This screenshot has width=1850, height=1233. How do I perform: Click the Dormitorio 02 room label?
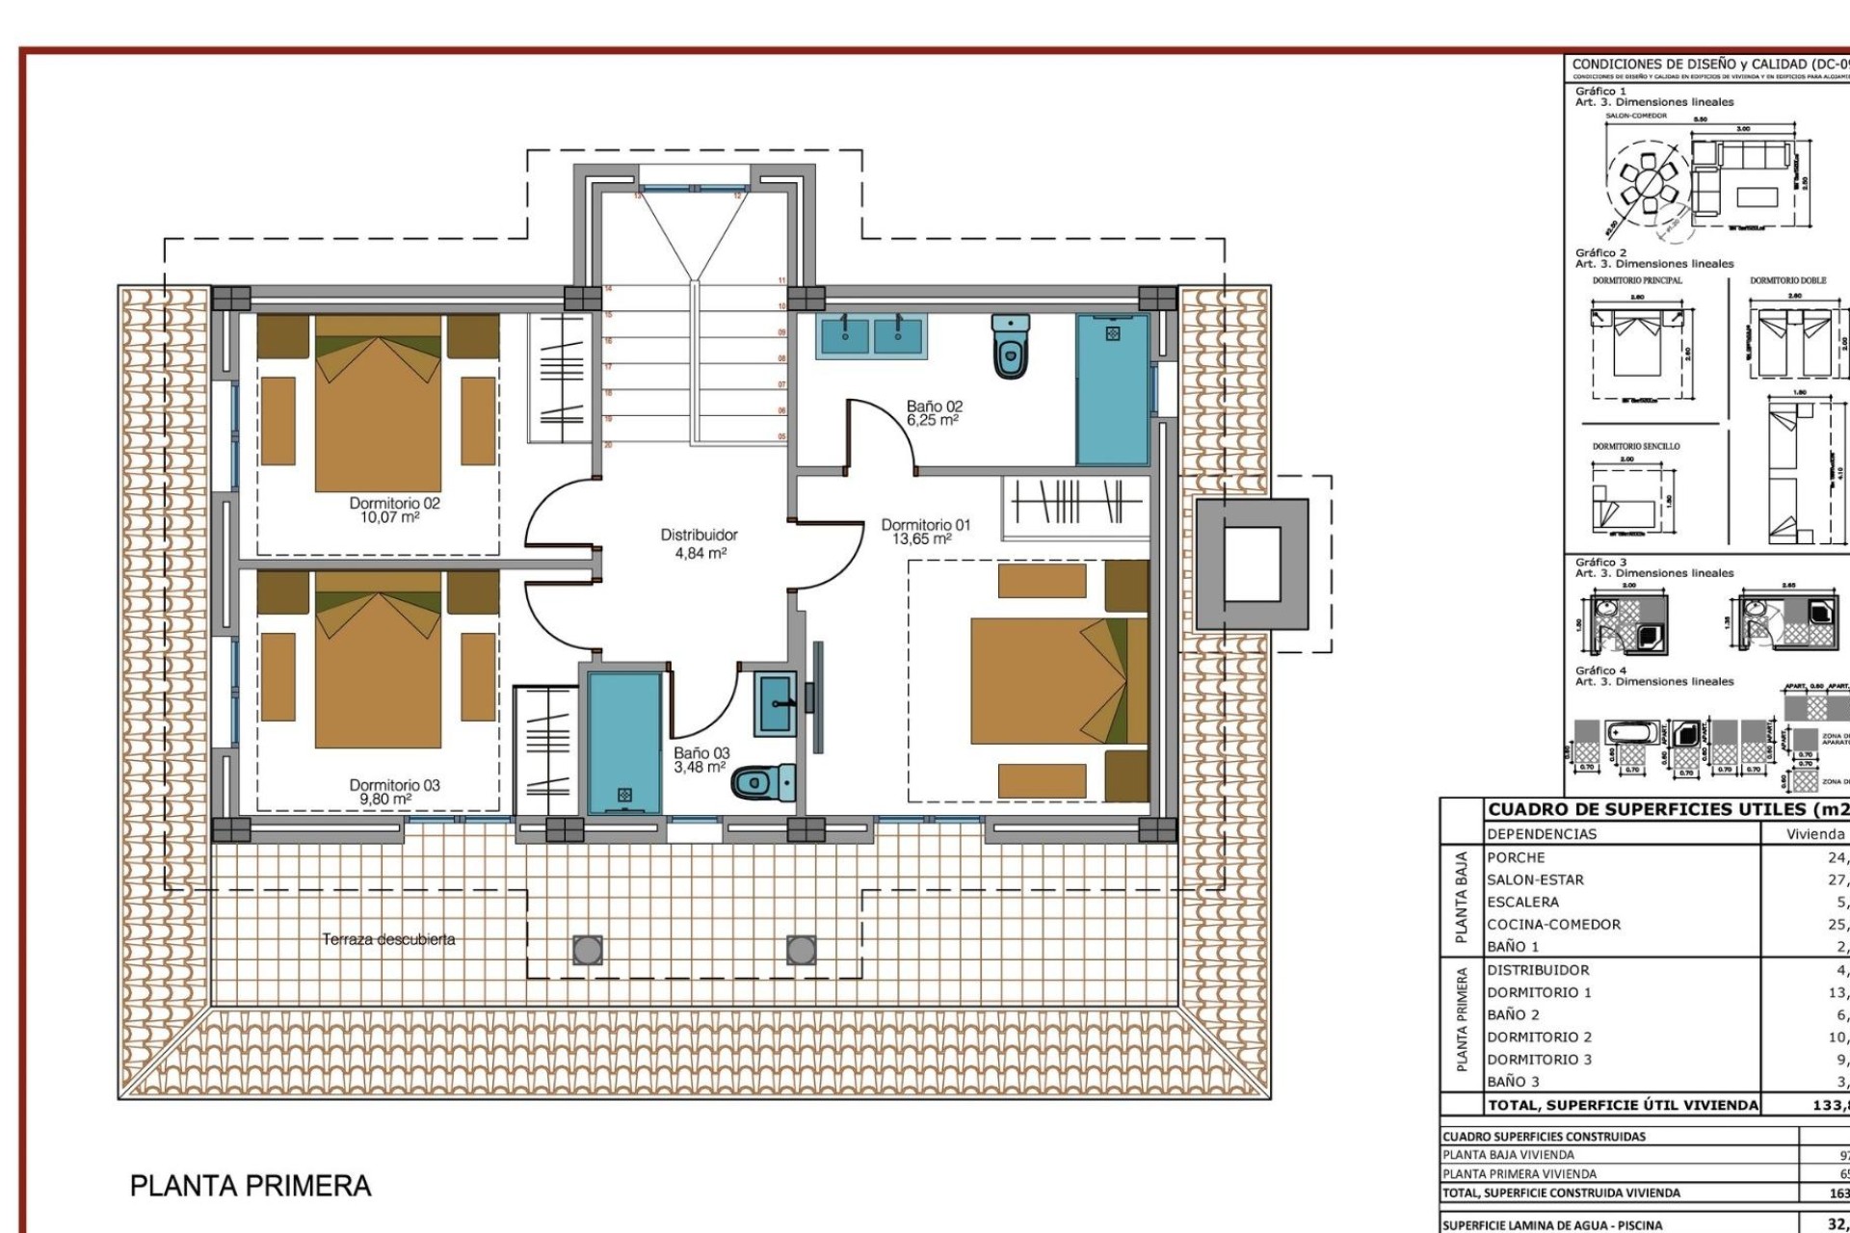[x=394, y=510]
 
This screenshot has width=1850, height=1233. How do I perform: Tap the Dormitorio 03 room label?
[x=394, y=792]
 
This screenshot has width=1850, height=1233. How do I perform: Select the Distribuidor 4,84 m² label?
[x=699, y=543]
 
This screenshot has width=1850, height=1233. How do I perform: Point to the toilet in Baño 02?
[x=1009, y=347]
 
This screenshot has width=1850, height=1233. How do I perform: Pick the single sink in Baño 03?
[x=776, y=703]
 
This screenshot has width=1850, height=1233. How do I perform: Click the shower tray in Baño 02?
[x=1112, y=390]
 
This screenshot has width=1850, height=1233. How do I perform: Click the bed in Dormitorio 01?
[x=1058, y=680]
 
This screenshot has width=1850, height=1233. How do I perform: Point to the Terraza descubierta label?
[x=388, y=939]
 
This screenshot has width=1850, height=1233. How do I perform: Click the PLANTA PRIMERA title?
[x=251, y=1186]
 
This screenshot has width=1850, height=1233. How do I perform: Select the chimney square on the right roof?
[x=1252, y=564]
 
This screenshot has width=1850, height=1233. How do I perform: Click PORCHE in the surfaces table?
[x=1516, y=857]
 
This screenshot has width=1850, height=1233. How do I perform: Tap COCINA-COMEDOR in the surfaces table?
[x=1553, y=925]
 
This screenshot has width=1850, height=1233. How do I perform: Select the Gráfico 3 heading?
[x=1600, y=562]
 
